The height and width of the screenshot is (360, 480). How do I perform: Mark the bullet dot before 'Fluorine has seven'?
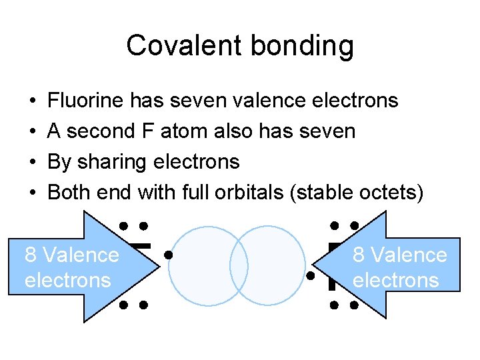[x=33, y=101]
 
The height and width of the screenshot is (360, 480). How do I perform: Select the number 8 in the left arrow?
[x=30, y=255]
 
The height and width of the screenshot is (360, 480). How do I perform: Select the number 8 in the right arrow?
[x=358, y=255]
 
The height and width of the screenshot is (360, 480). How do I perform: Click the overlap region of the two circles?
[x=239, y=267]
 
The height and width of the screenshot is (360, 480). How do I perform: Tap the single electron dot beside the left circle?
[x=170, y=254]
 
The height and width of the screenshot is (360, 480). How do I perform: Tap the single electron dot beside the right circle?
[x=310, y=275]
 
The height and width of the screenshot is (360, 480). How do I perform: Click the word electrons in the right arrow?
[x=395, y=280]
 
